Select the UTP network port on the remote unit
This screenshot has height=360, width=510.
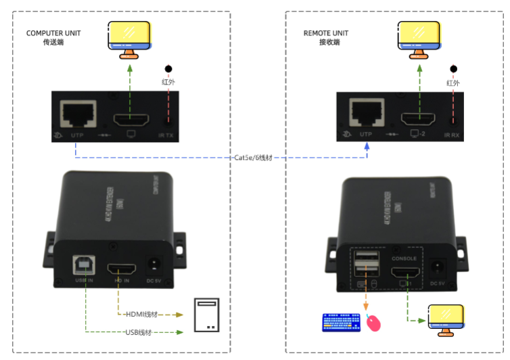tap(366, 113)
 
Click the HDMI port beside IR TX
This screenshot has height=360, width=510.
tap(131, 120)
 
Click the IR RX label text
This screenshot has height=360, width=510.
tap(451, 135)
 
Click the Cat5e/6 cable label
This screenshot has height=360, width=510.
tap(254, 157)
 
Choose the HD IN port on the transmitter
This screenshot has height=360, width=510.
tap(121, 265)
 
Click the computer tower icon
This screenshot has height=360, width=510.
tap(207, 315)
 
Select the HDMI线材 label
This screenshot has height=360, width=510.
tap(141, 314)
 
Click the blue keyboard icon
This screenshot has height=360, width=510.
tap(341, 323)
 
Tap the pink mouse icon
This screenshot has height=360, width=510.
tap(373, 323)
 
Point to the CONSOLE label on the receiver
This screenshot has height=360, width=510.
tap(405, 258)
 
